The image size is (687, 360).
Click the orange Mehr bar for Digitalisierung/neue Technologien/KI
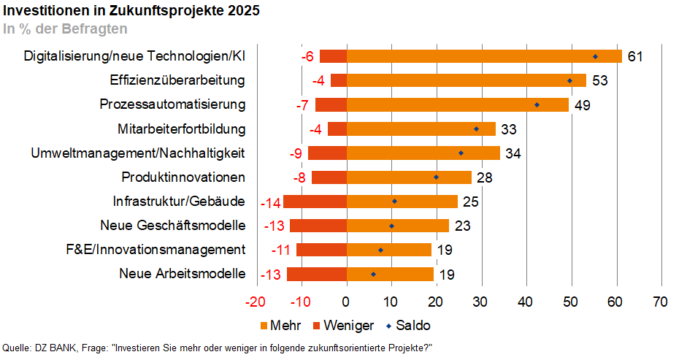pyautogui.click(x=483, y=56)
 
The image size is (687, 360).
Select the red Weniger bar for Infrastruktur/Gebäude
pyautogui.click(x=315, y=202)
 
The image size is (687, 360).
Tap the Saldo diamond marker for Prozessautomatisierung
pyautogui.click(x=537, y=104)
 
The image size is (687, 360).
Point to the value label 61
pyautogui.click(x=635, y=56)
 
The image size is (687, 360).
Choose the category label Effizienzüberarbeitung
pyautogui.click(x=177, y=80)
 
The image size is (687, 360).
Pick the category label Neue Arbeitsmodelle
pyautogui.click(x=182, y=274)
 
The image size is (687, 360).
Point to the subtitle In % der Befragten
pyautogui.click(x=65, y=29)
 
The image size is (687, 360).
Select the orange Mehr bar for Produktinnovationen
pyautogui.click(x=409, y=177)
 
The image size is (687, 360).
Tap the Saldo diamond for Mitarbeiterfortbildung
pyautogui.click(x=477, y=129)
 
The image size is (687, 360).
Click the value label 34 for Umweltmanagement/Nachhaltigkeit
pyautogui.click(x=514, y=153)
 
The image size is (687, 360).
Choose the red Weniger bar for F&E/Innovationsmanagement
pyautogui.click(x=321, y=250)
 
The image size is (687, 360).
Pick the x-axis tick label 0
pyautogui.click(x=346, y=302)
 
